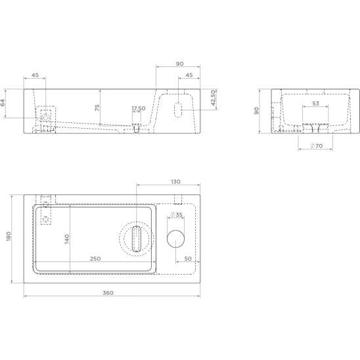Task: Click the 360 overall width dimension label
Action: [x=108, y=293]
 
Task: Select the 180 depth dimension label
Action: [x=9, y=236]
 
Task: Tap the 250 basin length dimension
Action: [x=95, y=259]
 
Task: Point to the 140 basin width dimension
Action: [x=67, y=239]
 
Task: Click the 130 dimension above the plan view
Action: [x=175, y=181]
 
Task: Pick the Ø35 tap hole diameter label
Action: [x=176, y=214]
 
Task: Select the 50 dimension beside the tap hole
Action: [x=188, y=259]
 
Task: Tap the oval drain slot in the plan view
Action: [x=137, y=238]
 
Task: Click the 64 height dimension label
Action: [x=3, y=102]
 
